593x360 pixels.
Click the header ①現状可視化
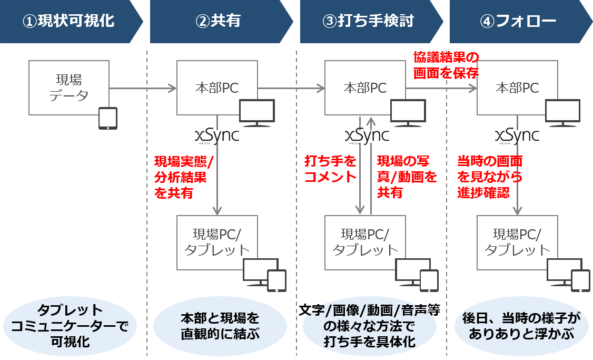click(x=68, y=21)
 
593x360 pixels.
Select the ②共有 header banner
click(x=218, y=21)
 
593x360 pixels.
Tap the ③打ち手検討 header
click(x=369, y=21)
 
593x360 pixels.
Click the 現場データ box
click(x=69, y=87)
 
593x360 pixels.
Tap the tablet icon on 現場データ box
click(x=108, y=119)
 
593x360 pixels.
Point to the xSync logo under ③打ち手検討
click(x=367, y=136)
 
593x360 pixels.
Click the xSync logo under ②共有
click(x=217, y=136)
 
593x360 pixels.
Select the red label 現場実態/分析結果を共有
click(x=180, y=177)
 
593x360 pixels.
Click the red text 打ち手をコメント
click(x=330, y=169)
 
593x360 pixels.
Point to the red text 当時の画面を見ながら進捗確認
click(x=490, y=177)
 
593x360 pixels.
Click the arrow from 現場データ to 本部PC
click(x=143, y=88)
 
